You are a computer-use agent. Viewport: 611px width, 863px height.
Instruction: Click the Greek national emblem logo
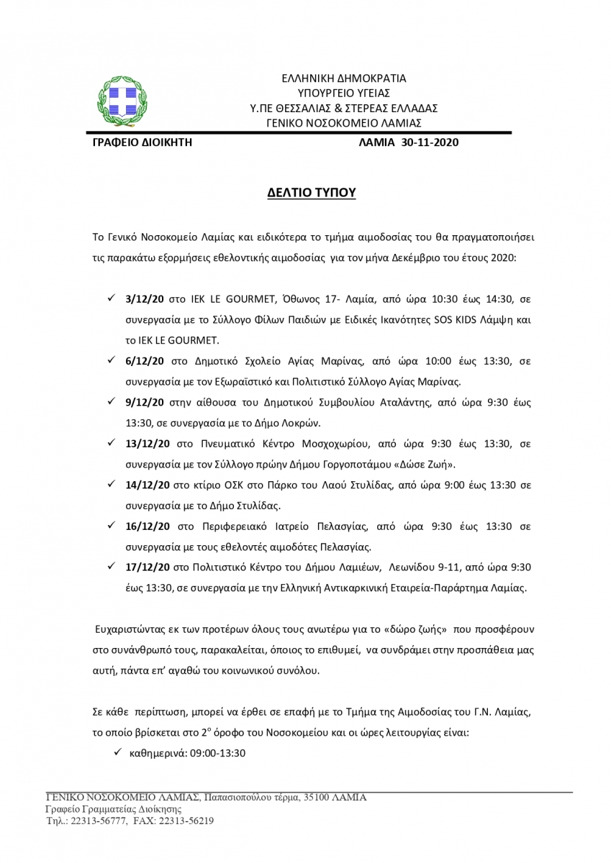tap(121, 102)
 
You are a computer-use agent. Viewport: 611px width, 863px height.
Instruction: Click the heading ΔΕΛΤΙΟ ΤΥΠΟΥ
tap(307, 193)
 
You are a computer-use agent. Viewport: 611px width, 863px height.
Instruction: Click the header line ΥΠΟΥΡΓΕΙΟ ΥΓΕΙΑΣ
tap(343, 92)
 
